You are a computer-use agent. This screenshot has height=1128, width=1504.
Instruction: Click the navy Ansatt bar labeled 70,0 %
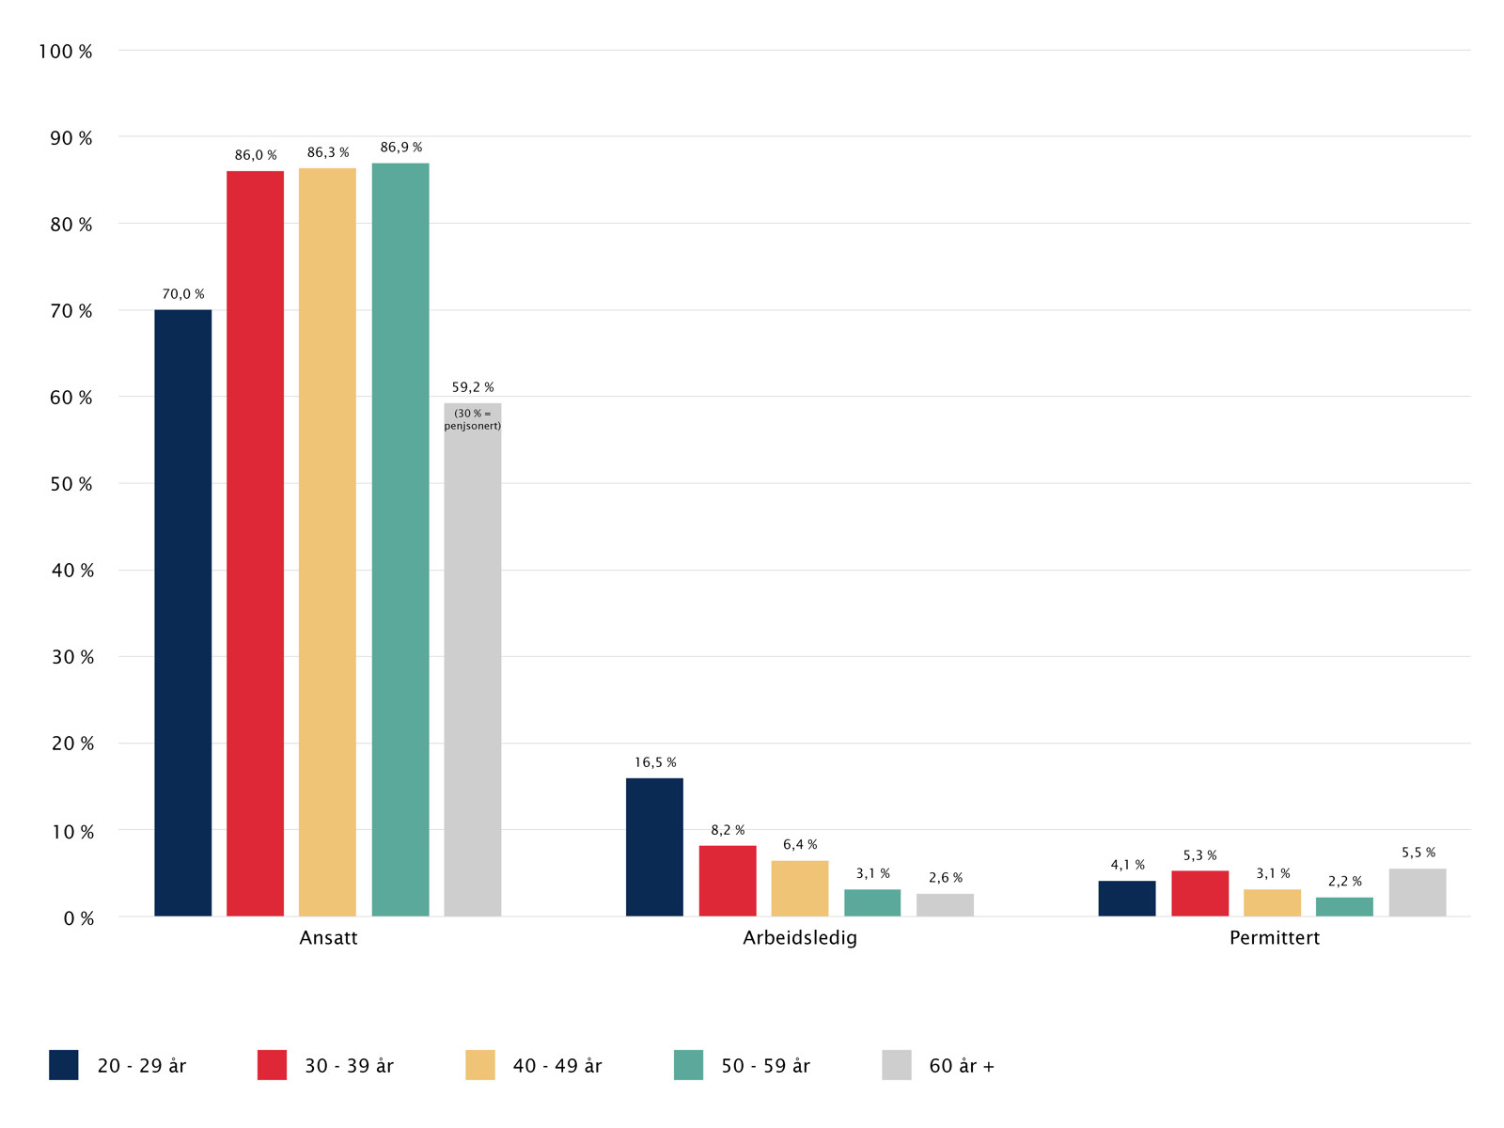(183, 613)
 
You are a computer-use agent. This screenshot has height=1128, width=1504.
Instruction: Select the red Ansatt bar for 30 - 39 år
(255, 543)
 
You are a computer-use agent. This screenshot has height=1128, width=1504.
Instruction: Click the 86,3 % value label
(328, 152)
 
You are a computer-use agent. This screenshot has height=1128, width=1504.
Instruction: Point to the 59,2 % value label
(473, 387)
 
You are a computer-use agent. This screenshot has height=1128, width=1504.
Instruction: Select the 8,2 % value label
(728, 830)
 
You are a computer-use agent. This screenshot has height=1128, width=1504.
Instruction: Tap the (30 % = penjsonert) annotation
(473, 419)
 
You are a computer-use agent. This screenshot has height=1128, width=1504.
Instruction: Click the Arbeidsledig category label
(800, 938)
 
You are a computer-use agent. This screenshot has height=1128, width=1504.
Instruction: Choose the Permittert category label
(1274, 938)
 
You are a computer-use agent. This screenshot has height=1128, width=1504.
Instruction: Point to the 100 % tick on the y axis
(66, 52)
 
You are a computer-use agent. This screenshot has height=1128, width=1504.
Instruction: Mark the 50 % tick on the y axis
(72, 484)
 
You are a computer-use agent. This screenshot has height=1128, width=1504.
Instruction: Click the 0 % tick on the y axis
(79, 918)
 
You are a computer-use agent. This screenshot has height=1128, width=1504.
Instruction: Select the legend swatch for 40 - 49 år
(480, 1065)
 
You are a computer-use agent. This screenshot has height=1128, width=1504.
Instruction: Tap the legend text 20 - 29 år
(142, 1066)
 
